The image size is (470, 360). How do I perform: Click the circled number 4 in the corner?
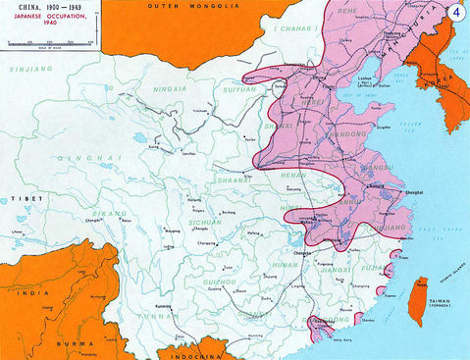(454, 14)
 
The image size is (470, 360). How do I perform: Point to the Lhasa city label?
(17, 231)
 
